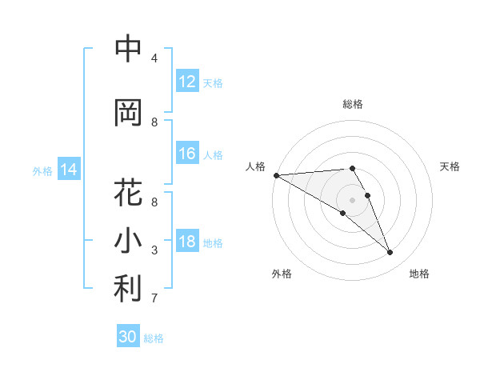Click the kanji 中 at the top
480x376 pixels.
tap(128, 49)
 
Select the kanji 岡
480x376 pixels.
tap(128, 112)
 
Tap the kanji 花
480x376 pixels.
tap(128, 193)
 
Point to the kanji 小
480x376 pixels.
tap(128, 241)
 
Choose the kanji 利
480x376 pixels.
tap(128, 289)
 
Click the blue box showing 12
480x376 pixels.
tap(187, 82)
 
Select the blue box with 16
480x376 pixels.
tap(187, 154)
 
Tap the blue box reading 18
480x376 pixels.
tap(187, 242)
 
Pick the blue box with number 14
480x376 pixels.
tap(69, 170)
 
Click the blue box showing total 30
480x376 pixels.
tap(128, 337)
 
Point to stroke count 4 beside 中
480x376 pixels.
tap(154, 58)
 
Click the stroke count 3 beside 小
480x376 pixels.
tap(154, 250)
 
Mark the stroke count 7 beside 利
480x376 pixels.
tap(154, 298)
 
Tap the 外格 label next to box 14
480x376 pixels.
tap(42, 170)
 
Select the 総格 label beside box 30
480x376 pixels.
tap(154, 338)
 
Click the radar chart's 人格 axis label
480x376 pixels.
tap(255, 166)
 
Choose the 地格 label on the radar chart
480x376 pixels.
tap(419, 274)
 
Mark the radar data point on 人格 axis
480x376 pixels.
tap(276, 175)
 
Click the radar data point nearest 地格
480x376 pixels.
tap(390, 252)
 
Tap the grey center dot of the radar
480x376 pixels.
tap(352, 199)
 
